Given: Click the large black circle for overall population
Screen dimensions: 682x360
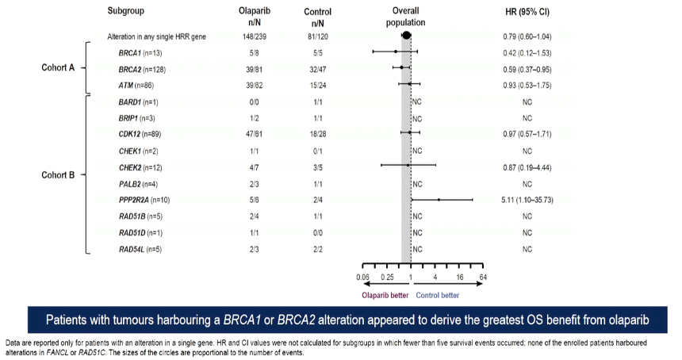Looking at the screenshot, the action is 406,35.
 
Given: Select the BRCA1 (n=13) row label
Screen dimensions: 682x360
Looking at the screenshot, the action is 140,53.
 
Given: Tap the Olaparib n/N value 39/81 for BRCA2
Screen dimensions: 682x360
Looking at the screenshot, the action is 255,70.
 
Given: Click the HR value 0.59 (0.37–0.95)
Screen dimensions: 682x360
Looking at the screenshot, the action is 527,70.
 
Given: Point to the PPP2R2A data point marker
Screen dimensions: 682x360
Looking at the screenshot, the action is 439,200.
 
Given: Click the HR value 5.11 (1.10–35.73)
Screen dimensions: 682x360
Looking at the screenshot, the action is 527,200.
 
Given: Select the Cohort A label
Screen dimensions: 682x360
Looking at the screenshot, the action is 58,67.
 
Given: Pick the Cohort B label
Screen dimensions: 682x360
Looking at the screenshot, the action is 58,174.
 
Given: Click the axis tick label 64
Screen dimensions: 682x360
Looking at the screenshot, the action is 483,277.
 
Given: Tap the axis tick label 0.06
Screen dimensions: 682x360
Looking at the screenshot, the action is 362,277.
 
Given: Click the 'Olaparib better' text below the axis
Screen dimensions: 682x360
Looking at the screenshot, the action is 385,295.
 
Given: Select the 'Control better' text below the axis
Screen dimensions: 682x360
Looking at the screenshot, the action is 437,295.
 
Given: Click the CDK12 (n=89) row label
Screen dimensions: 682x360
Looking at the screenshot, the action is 140,134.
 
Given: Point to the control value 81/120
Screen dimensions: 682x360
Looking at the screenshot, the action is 318,36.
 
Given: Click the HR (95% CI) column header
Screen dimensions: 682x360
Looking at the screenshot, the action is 527,12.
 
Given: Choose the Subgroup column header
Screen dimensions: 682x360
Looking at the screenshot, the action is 126,11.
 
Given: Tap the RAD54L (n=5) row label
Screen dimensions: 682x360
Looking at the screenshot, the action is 140,249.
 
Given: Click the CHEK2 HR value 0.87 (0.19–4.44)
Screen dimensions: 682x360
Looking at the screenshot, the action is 527,167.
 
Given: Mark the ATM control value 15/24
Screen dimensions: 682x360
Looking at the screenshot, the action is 318,85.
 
